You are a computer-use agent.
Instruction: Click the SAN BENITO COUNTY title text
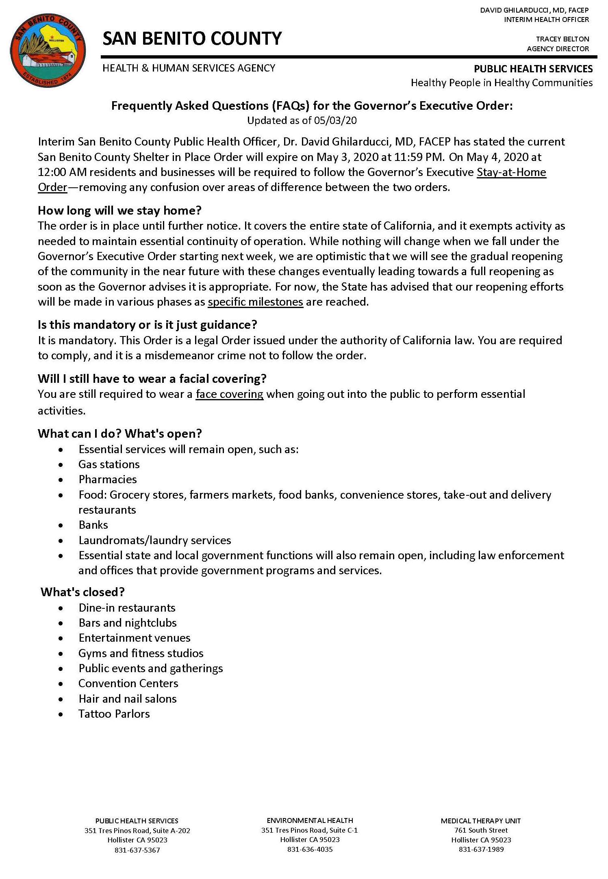tap(192, 39)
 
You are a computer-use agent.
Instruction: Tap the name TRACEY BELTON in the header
tap(562, 39)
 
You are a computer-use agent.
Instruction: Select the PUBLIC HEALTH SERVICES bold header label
tap(533, 69)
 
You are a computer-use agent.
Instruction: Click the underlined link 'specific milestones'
tap(255, 302)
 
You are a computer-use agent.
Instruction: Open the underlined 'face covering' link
tap(229, 394)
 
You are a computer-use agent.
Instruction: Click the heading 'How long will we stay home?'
tap(119, 211)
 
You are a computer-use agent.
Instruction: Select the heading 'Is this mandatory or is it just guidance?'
tap(147, 325)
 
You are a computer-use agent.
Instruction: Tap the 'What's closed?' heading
tap(83, 592)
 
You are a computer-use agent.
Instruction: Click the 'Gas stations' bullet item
tap(109, 464)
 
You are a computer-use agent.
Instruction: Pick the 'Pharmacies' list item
tap(108, 480)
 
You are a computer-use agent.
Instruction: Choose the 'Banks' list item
tap(93, 525)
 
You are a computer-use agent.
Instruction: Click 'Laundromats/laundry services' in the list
tap(154, 540)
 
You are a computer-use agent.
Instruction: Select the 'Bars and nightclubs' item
tap(128, 623)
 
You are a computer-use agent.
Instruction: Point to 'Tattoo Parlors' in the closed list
tap(114, 714)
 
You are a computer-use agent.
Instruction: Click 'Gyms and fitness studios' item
tap(141, 653)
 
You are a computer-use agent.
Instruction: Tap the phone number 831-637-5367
tap(137, 850)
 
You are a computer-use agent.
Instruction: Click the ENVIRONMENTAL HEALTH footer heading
tap(310, 820)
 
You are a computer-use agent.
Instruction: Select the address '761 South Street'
tap(481, 830)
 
